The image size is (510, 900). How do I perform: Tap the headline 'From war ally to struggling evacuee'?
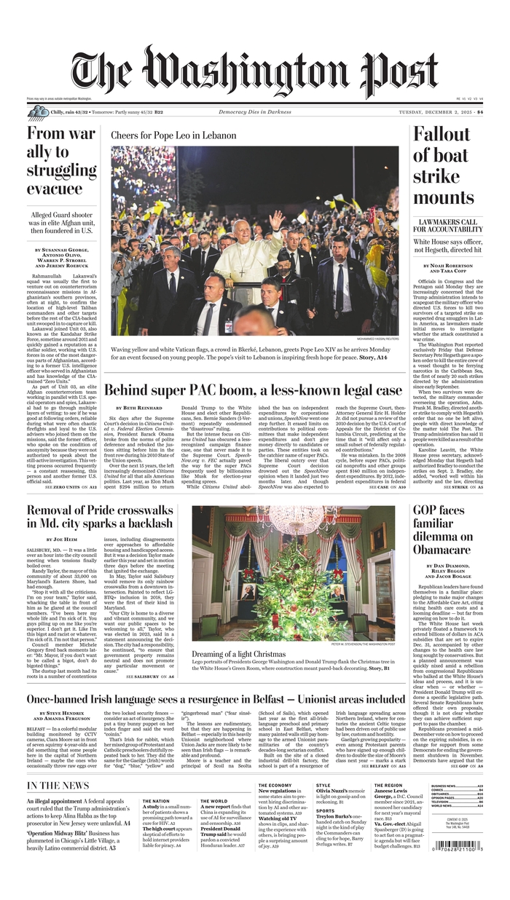61,161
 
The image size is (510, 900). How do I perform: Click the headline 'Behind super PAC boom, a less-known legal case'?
254,390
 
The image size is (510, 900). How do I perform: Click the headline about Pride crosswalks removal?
101,516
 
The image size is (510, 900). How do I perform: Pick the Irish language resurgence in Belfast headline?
216,699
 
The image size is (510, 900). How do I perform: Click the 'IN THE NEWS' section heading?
58,785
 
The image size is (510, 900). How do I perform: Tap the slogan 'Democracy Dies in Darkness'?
254,112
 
